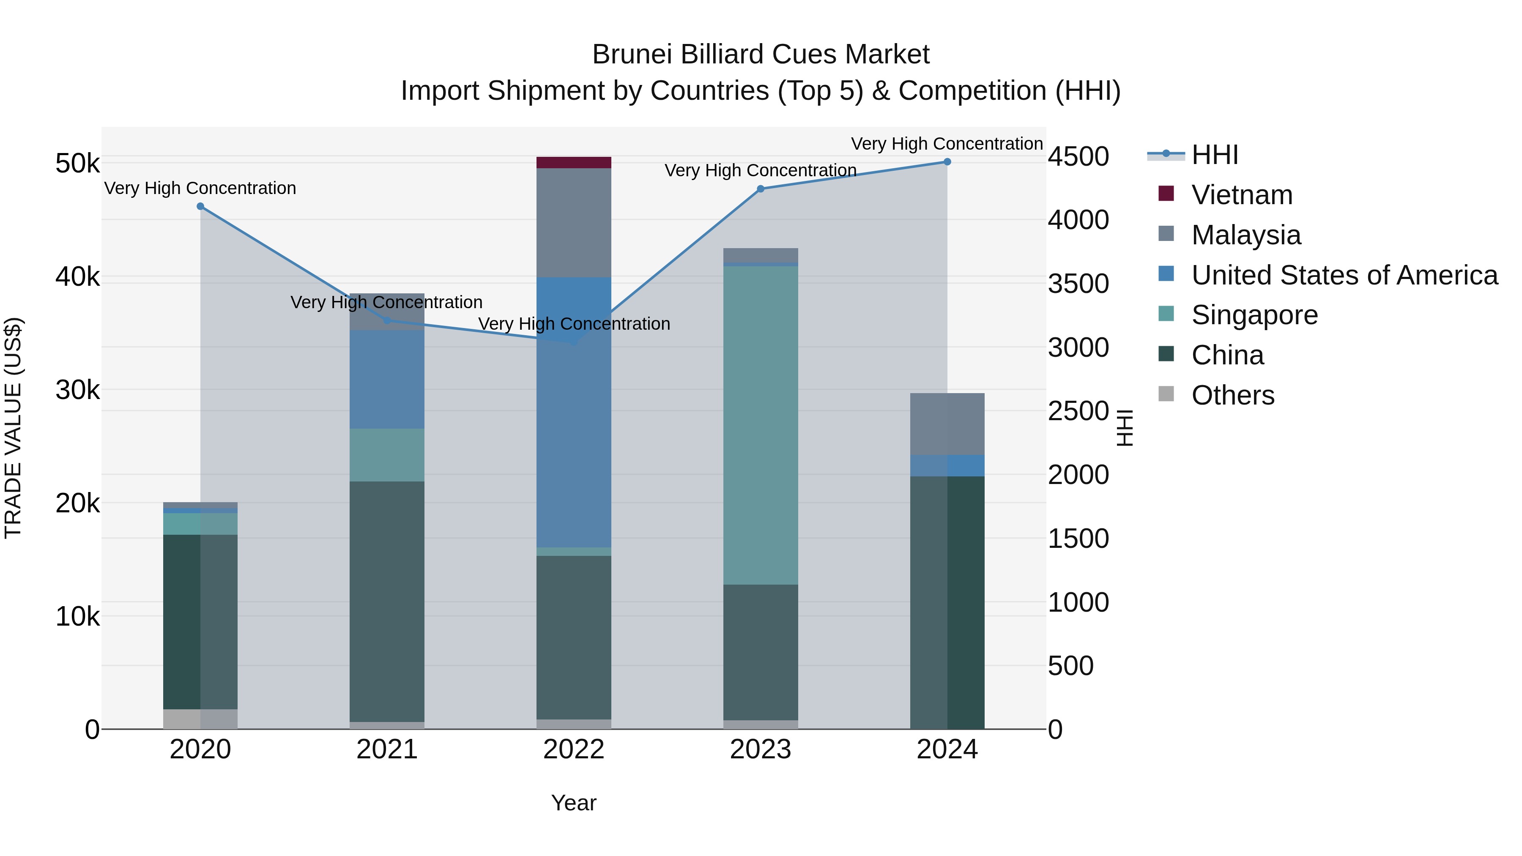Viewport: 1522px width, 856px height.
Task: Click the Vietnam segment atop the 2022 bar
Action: (x=573, y=162)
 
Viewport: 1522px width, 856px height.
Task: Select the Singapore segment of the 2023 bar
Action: (x=761, y=425)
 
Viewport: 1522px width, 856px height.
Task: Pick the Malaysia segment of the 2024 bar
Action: (x=947, y=424)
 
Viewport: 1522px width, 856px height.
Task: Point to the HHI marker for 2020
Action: (x=200, y=206)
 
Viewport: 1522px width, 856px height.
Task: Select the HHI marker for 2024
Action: (x=947, y=162)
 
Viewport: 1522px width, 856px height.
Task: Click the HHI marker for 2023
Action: (x=761, y=189)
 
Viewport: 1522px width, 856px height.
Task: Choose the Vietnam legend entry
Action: (x=1241, y=195)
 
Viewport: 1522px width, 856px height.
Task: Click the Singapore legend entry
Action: (x=1254, y=315)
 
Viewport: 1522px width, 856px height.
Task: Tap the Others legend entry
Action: (x=1232, y=395)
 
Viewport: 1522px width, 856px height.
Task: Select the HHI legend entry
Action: (x=1214, y=155)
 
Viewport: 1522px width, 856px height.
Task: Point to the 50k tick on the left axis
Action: (x=77, y=164)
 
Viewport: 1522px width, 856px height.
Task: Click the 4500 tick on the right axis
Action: (x=1078, y=156)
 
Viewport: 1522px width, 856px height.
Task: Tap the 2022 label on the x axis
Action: (x=573, y=749)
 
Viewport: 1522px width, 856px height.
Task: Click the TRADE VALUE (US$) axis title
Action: (x=13, y=428)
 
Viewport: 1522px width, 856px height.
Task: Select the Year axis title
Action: (x=573, y=803)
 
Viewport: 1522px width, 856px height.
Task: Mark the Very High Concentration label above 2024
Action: (x=947, y=144)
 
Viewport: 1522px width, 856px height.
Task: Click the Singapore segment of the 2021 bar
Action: (x=387, y=455)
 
